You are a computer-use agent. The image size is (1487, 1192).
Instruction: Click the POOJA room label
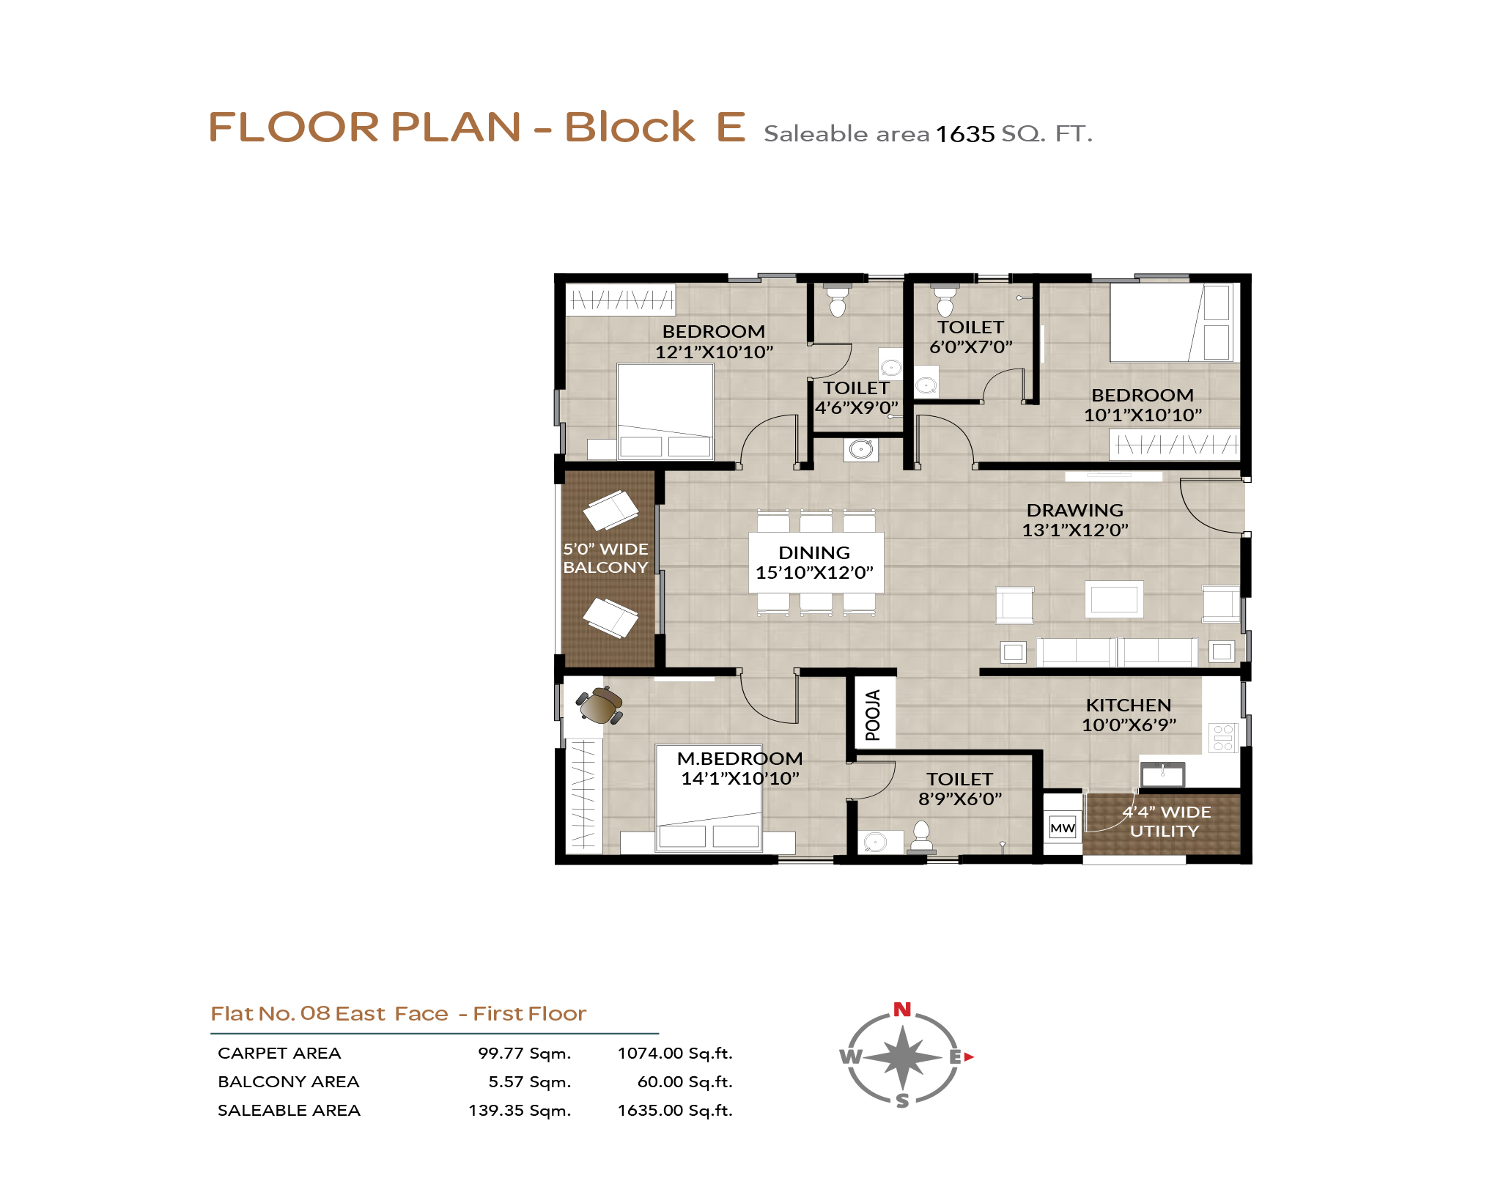point(872,714)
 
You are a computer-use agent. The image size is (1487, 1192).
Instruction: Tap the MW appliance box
point(1062,828)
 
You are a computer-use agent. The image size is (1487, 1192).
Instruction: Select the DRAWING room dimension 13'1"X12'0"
point(1074,530)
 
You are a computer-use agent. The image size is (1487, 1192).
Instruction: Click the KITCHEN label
point(1128,705)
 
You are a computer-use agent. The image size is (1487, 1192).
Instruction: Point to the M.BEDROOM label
point(739,758)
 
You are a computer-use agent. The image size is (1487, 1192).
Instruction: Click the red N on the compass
point(902,1010)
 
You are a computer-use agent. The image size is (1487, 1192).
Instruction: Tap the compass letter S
point(902,1100)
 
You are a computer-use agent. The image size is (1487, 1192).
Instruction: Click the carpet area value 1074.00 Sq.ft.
point(675,1053)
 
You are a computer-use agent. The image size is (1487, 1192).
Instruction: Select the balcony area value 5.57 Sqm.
point(530,1081)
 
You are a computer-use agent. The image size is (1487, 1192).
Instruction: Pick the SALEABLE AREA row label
point(289,1110)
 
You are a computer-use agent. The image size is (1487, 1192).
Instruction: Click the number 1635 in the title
point(965,134)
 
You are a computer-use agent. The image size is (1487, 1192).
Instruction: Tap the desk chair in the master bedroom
point(599,706)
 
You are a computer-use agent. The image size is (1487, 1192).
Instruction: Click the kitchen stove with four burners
point(1222,737)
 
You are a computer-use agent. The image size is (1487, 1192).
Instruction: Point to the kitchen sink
point(1162,774)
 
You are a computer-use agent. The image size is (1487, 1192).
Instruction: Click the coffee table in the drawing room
point(1114,599)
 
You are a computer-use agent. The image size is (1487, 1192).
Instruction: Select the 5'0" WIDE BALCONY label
point(605,558)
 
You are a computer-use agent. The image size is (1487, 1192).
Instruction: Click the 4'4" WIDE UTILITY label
point(1166,821)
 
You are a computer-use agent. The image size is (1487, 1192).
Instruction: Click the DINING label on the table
point(814,552)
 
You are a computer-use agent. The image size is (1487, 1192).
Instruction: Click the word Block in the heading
point(630,127)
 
